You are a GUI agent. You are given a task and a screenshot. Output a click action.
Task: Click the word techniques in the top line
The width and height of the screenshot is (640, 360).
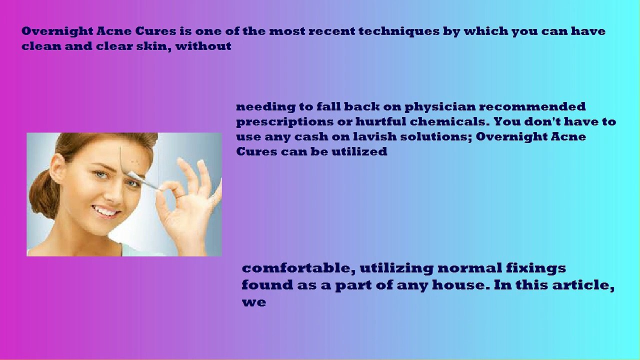tap(399, 31)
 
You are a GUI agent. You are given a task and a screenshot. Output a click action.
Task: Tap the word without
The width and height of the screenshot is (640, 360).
tap(203, 46)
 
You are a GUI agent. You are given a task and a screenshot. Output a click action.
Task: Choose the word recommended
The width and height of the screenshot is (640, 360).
tap(532, 106)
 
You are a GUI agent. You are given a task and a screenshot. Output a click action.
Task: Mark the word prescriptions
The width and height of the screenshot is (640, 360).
tap(284, 122)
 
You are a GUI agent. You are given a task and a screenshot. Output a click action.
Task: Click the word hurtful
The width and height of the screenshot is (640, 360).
tap(380, 121)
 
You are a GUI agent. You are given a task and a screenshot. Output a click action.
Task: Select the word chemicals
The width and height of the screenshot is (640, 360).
tap(447, 121)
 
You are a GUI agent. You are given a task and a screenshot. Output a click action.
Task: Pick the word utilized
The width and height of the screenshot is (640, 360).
tap(359, 151)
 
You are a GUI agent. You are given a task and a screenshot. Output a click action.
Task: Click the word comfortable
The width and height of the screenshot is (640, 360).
tap(298, 268)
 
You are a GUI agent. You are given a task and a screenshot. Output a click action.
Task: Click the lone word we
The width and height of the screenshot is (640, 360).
tap(254, 302)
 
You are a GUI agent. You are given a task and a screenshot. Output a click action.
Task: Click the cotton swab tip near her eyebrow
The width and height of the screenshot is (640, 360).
tap(133, 174)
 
